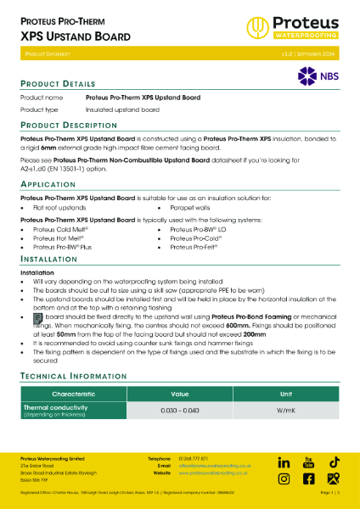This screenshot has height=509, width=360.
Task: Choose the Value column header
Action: pyautogui.click(x=180, y=394)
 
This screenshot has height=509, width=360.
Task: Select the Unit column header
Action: pyautogui.click(x=286, y=394)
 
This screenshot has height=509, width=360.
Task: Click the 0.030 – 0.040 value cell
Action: pyautogui.click(x=180, y=411)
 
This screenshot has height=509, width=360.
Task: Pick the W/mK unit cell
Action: pyautogui.click(x=286, y=411)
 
